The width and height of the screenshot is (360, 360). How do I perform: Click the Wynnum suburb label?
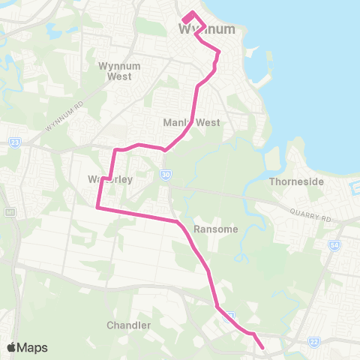tap(207, 29)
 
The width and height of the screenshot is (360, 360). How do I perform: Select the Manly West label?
tap(191, 122)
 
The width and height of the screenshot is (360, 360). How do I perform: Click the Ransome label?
tap(215, 229)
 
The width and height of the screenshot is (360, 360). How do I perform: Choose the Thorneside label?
tap(295, 181)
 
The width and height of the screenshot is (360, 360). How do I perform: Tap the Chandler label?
tap(129, 325)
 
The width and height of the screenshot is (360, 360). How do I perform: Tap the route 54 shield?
tap(334, 244)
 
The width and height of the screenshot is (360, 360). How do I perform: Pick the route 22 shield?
tap(314, 342)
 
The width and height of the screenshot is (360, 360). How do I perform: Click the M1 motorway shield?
tap(10, 213)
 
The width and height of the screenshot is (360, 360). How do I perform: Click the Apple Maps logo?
tap(27, 347)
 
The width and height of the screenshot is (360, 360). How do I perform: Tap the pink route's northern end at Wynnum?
tap(185, 18)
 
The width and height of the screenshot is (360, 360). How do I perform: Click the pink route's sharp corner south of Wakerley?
tap(98, 208)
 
